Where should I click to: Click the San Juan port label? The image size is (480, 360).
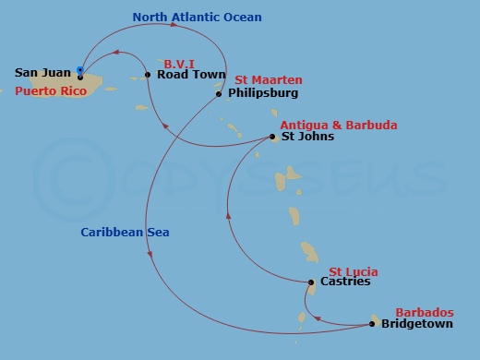43,72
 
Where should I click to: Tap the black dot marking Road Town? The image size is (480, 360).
148,75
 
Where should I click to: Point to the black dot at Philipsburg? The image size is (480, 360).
219,93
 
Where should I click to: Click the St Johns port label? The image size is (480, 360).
308,137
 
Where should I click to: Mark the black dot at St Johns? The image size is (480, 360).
272,138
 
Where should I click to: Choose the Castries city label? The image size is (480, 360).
344,282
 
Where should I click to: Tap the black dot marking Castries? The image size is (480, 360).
311,282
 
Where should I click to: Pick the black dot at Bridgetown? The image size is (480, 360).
372,324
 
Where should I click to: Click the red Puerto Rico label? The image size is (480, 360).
51,91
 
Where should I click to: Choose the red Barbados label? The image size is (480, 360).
425,312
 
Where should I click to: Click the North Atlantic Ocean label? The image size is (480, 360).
197,17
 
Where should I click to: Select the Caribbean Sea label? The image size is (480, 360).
117,232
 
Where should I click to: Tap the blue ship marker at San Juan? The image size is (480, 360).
81,70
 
